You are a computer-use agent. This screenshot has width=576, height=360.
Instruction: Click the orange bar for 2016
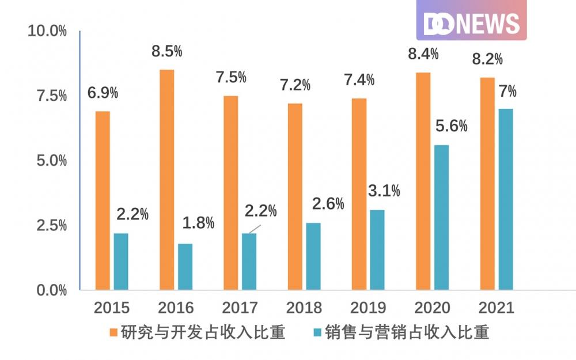(x=167, y=180)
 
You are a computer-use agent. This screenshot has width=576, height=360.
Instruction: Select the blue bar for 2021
(x=506, y=199)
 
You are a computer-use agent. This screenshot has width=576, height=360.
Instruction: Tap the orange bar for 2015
(x=103, y=200)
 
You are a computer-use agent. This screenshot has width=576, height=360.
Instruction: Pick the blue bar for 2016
(x=185, y=267)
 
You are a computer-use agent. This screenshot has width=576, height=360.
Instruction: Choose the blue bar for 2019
(x=377, y=250)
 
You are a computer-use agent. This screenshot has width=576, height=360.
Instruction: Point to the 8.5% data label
(x=167, y=51)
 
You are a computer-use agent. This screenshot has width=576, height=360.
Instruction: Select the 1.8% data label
(x=198, y=223)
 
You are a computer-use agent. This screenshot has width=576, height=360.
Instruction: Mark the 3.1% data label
(x=384, y=191)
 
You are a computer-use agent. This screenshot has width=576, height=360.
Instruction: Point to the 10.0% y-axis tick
(x=47, y=31)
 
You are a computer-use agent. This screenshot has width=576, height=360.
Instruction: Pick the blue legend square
(x=316, y=333)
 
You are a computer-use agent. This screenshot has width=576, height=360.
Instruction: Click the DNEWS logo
(x=471, y=21)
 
